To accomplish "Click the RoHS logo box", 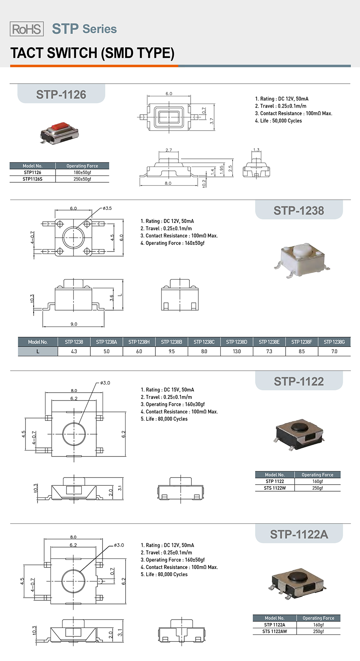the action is tap(27, 29).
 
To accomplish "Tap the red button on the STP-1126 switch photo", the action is tap(59, 127).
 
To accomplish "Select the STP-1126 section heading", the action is tap(61, 94).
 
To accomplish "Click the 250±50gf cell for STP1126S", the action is tap(83, 179).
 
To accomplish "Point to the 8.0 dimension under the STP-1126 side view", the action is tap(168, 183).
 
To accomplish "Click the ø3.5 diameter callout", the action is tap(107, 208).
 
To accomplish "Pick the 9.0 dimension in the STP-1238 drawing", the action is tap(74, 324).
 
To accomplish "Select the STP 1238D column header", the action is tap(237, 342).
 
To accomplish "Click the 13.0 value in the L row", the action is tap(237, 352).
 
